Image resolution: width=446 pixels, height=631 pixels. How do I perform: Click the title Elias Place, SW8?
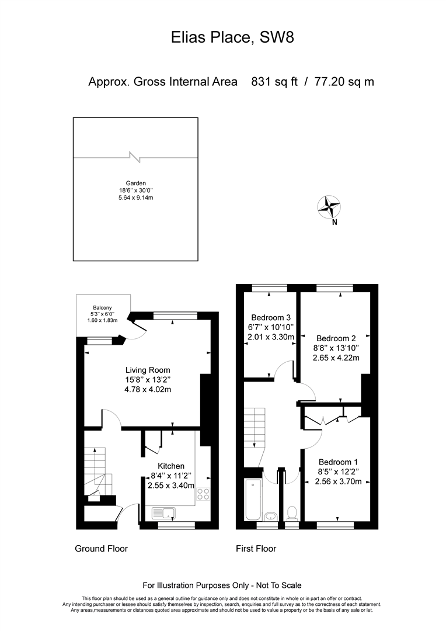(232, 37)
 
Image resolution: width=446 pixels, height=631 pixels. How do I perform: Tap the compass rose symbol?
(329, 207)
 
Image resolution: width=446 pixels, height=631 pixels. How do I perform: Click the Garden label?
(136, 183)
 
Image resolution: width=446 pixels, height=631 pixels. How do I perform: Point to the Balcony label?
(102, 308)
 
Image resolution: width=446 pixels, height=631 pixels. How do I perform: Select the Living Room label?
(148, 370)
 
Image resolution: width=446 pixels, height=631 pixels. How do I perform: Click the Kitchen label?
(171, 466)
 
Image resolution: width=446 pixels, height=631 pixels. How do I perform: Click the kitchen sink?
(164, 513)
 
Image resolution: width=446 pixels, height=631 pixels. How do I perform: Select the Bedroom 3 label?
(271, 317)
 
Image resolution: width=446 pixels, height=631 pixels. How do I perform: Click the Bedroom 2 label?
(336, 338)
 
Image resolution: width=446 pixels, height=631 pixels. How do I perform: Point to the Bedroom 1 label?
(338, 462)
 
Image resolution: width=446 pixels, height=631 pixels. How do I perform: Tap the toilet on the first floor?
(292, 513)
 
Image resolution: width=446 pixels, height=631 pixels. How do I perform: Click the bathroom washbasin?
(271, 516)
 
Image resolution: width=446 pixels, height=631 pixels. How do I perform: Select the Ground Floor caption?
(102, 549)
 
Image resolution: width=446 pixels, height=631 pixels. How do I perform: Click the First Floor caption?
(256, 549)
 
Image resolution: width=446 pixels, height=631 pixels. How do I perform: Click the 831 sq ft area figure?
(274, 82)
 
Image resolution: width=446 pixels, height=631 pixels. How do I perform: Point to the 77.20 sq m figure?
(344, 82)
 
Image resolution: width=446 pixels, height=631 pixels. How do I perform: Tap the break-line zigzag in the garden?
(135, 157)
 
